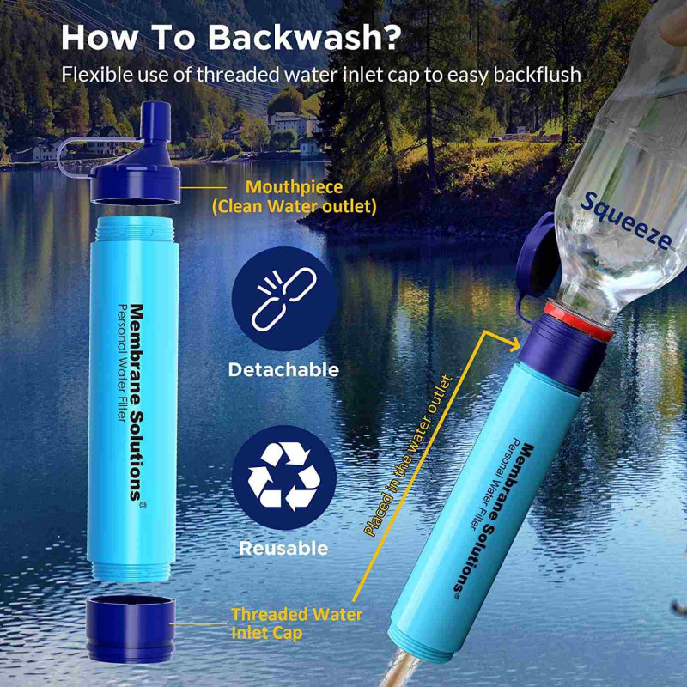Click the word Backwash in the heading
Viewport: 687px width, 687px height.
pyautogui.click(x=305, y=37)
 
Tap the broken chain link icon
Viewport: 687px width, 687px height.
pyautogui.click(x=284, y=300)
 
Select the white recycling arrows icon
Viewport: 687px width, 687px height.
pyautogui.click(x=284, y=477)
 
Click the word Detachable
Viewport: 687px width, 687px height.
pyautogui.click(x=283, y=370)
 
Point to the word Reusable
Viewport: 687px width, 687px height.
pyautogui.click(x=283, y=549)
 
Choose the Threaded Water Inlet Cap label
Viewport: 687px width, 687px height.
pyautogui.click(x=297, y=623)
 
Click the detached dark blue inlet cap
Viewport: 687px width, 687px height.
pyautogui.click(x=131, y=629)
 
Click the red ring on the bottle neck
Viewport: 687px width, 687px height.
pyautogui.click(x=579, y=320)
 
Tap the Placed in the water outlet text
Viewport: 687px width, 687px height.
pyautogui.click(x=407, y=456)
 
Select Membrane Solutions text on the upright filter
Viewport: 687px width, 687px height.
pyautogui.click(x=137, y=402)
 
